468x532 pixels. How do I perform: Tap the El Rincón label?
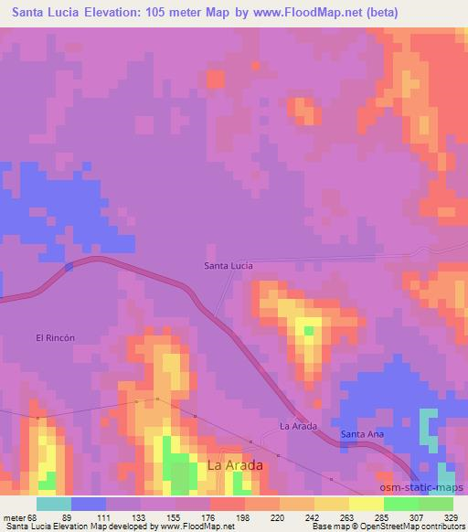click(54, 336)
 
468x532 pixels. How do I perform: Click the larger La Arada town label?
click(235, 465)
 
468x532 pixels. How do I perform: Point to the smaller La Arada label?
click(297, 426)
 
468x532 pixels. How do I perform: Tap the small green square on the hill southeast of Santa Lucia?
click(309, 330)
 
